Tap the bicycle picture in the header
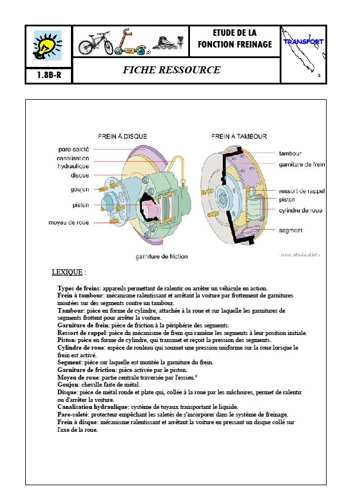[96, 43]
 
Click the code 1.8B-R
[49, 75]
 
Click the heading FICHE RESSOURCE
[172, 70]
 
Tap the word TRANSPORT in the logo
[303, 42]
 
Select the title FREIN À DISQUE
[123, 136]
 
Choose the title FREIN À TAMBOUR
[239, 136]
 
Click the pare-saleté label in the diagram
[73, 149]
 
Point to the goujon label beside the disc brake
[80, 190]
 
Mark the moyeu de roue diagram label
[69, 223]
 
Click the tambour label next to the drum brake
[290, 153]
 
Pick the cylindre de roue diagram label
[300, 210]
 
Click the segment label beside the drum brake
[291, 231]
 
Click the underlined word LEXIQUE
[67, 272]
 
